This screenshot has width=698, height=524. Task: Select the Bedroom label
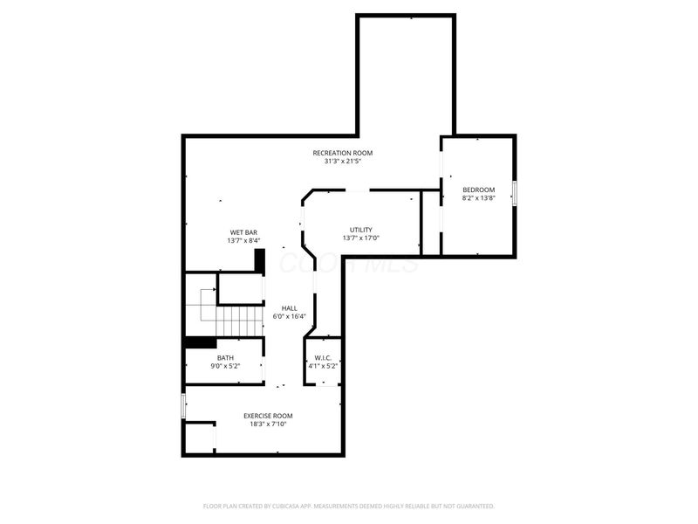click(x=478, y=190)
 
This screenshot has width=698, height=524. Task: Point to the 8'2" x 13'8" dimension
click(x=478, y=199)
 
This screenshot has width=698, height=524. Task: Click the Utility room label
click(x=361, y=230)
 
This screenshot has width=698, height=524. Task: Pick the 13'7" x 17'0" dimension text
click(x=361, y=238)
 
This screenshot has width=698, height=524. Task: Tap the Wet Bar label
click(x=243, y=232)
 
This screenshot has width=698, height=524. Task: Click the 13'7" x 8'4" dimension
click(x=243, y=241)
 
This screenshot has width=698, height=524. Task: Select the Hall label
click(x=290, y=308)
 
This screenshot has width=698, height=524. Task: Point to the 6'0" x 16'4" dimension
click(x=290, y=317)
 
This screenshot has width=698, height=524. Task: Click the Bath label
click(x=225, y=358)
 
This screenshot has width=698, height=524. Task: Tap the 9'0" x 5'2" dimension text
click(x=225, y=367)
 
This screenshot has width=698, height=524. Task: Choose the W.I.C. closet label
click(x=323, y=358)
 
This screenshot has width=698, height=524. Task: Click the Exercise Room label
click(x=268, y=416)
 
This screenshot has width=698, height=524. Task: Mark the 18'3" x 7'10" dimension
click(x=268, y=424)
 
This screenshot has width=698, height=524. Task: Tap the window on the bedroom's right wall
click(x=515, y=193)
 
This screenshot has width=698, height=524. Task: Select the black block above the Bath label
click(x=200, y=342)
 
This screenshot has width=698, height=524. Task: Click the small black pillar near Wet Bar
click(x=259, y=261)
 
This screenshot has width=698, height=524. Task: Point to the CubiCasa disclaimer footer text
click(x=349, y=506)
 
